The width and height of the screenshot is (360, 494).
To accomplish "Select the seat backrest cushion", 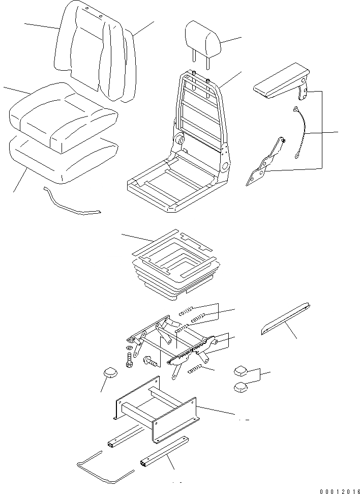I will coord(97,51).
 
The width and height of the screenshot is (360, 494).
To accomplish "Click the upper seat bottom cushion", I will coord(64,117).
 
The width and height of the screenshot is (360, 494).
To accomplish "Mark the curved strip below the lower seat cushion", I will coord(71,202).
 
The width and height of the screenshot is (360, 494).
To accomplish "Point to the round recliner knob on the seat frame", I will coord(180,140).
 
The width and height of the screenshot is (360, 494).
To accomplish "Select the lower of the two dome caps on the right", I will coord(242,388).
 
